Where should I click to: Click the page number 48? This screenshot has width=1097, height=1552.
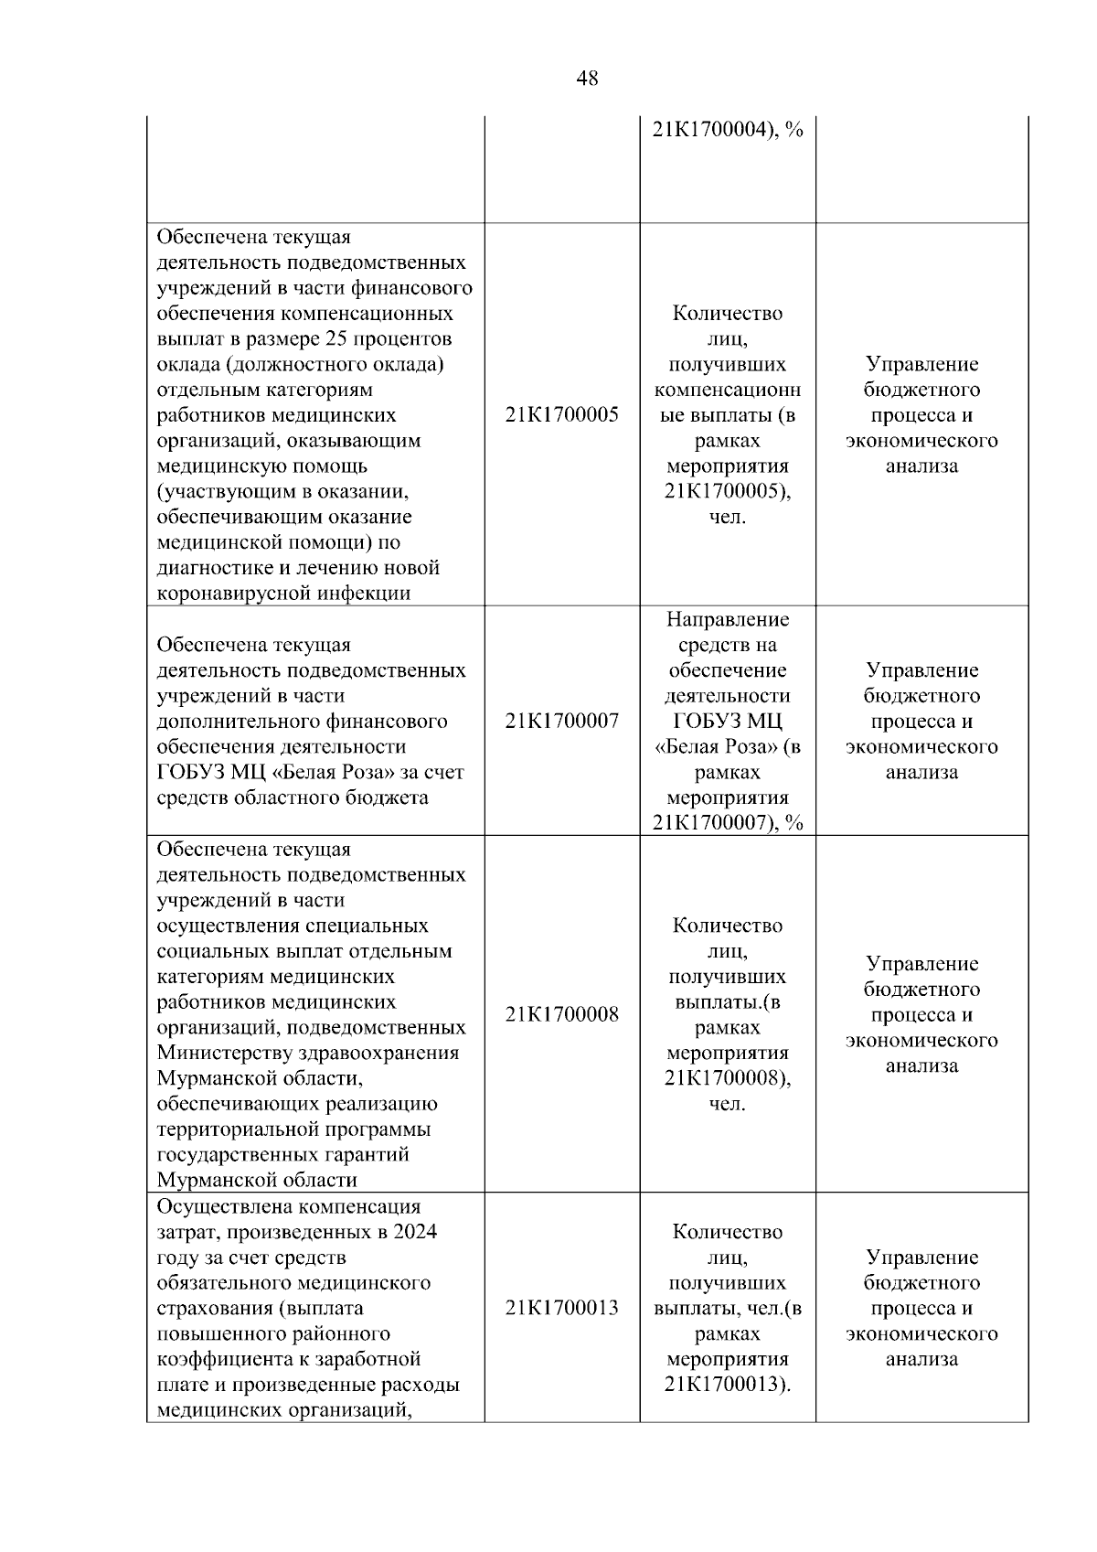(588, 79)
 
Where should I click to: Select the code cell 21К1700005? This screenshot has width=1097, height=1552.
(561, 415)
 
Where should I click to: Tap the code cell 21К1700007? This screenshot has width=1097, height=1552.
(561, 722)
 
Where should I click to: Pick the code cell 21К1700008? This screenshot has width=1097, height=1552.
(561, 1015)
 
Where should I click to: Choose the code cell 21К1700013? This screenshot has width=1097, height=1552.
(561, 1309)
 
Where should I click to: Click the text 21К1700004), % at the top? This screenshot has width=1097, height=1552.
(728, 131)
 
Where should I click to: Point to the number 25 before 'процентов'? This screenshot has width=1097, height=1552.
(336, 339)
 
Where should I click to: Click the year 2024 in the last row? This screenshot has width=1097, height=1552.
(415, 1232)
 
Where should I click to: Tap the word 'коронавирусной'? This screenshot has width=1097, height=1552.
(234, 594)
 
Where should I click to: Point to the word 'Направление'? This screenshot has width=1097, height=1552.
(728, 620)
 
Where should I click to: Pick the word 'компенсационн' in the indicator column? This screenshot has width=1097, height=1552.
(728, 391)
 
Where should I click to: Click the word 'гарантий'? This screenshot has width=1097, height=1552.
(369, 1155)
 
